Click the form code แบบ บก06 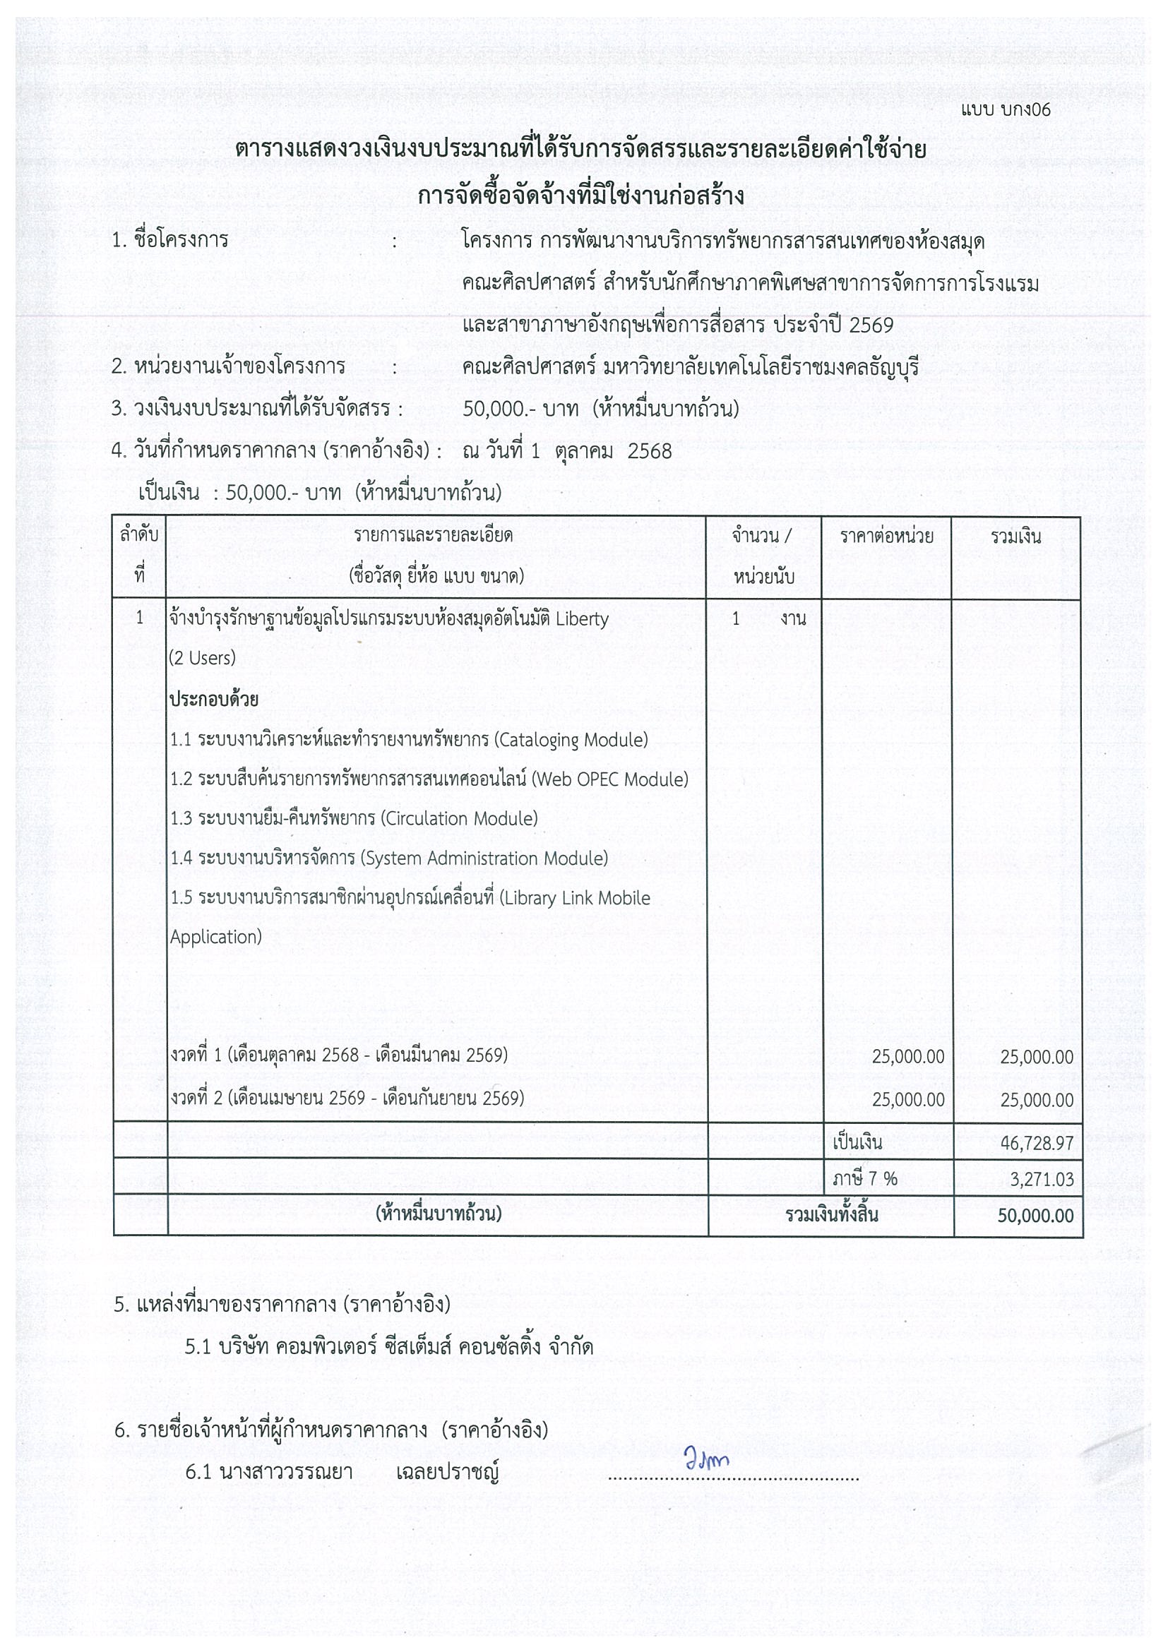pos(1006,109)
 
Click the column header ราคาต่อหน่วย pos(887,536)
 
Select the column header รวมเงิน pos(1015,536)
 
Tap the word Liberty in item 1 pos(582,618)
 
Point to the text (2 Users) pos(202,658)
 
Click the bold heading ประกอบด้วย pos(214,700)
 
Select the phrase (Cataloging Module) pos(571,740)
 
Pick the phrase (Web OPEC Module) pos(609,779)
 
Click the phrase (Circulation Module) pos(459,819)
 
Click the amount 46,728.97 pos(1037,1143)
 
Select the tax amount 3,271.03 pos(1042,1179)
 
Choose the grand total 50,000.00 pos(1035,1216)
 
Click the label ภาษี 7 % pos(865,1178)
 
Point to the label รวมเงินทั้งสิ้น pos(831,1215)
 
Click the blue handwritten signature pos(706,1460)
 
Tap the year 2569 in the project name pos(871,325)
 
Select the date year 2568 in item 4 pos(650,451)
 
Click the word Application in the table pos(215,937)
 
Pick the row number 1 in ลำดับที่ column pos(140,618)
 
